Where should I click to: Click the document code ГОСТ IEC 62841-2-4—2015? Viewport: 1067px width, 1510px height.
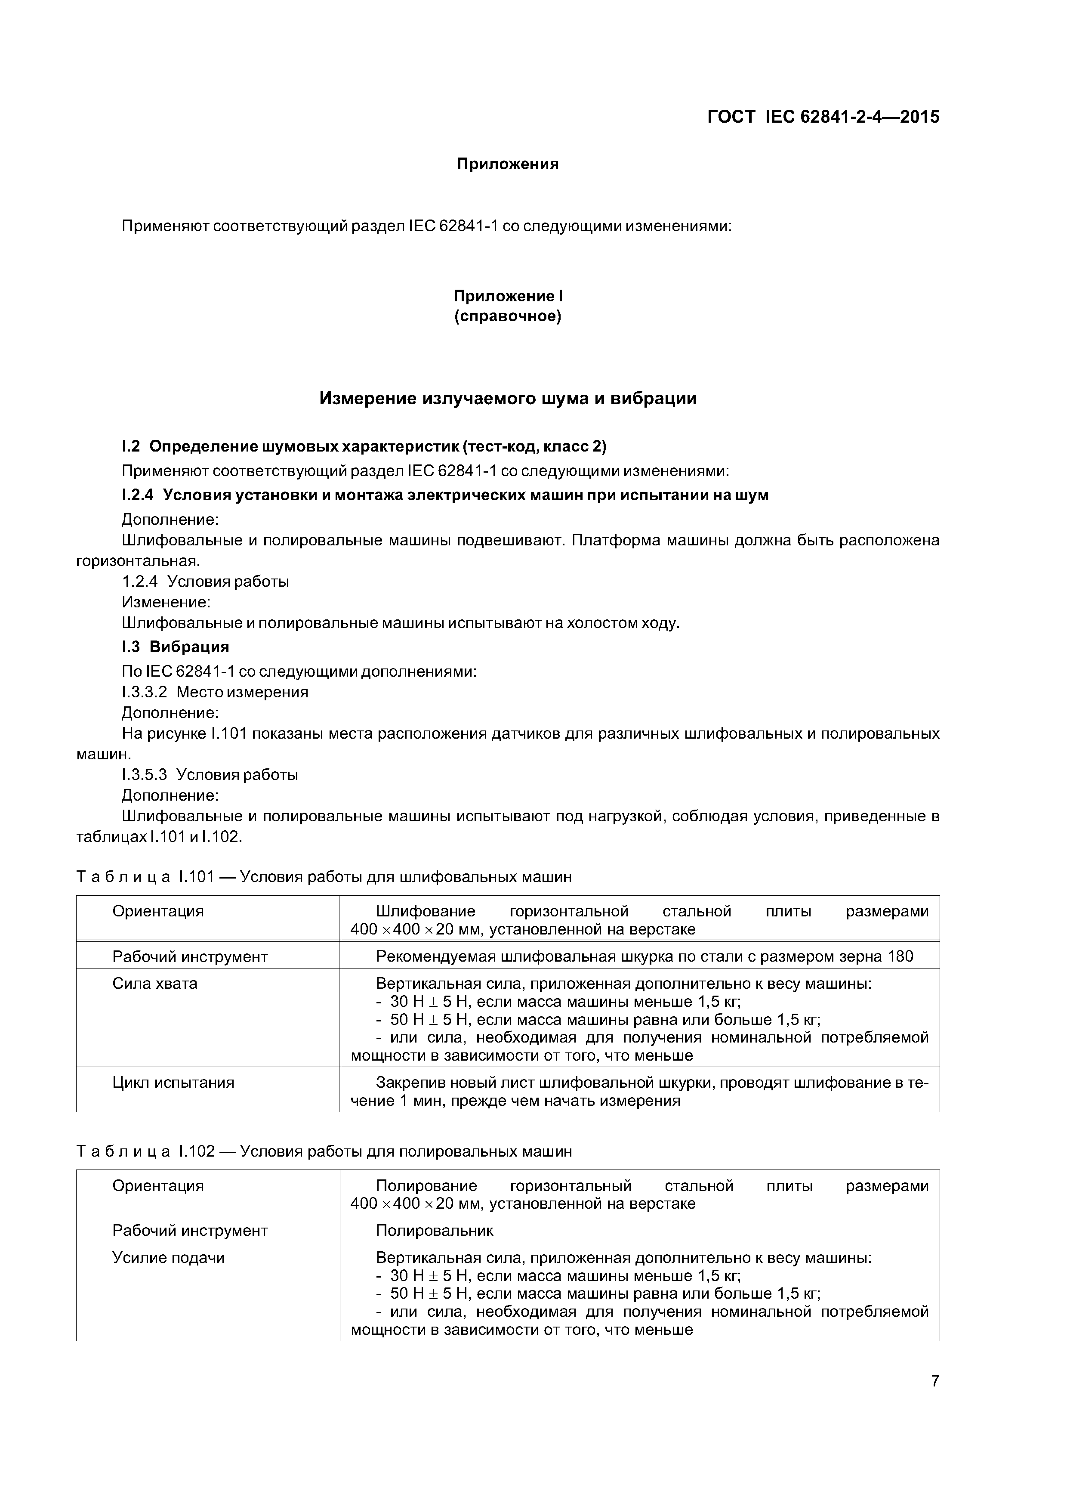823,117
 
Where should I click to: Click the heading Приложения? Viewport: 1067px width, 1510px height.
508,164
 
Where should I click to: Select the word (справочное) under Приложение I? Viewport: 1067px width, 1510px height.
508,317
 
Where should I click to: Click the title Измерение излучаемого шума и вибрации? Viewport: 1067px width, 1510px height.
508,399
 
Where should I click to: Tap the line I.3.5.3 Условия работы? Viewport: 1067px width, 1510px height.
210,775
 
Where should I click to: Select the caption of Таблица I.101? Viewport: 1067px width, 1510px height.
324,877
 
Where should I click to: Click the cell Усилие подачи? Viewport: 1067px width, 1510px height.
168,1257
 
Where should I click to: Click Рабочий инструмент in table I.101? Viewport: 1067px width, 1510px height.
190,957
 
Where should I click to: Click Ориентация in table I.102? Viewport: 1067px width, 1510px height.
158,1186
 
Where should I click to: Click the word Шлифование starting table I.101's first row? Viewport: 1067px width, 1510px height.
426,912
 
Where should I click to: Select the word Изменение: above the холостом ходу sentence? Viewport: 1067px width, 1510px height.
166,603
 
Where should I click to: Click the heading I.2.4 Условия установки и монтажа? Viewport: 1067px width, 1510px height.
445,495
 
